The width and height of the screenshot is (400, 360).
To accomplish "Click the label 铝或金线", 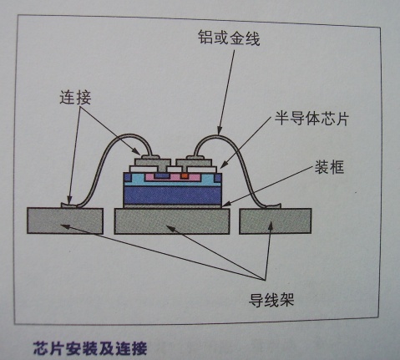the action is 229,38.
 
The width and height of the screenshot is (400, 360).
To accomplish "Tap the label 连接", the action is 75,98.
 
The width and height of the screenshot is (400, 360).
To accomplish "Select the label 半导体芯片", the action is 311,119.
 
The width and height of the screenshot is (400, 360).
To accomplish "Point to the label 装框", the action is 329,167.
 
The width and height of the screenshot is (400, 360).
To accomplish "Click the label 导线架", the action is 271,300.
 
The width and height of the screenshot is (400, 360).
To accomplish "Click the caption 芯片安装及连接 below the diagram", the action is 90,348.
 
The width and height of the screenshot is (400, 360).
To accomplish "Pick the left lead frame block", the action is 65,221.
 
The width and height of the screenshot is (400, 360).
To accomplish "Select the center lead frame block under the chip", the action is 172,221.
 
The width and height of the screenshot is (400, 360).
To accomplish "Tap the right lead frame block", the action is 275,221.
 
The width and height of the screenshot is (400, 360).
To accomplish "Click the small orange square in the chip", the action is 184,176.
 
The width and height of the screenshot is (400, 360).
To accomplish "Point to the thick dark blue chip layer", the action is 173,195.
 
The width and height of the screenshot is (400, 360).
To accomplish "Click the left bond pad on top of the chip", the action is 152,162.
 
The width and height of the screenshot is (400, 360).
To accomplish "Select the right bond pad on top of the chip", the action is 194,162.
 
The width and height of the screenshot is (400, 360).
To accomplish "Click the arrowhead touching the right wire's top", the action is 219,130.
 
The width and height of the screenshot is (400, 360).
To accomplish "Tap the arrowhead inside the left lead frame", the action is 64,226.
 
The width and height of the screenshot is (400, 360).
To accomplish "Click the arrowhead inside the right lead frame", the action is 271,226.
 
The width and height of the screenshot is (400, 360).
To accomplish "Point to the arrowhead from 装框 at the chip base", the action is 226,204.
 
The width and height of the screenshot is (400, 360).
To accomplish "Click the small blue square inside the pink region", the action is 159,175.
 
